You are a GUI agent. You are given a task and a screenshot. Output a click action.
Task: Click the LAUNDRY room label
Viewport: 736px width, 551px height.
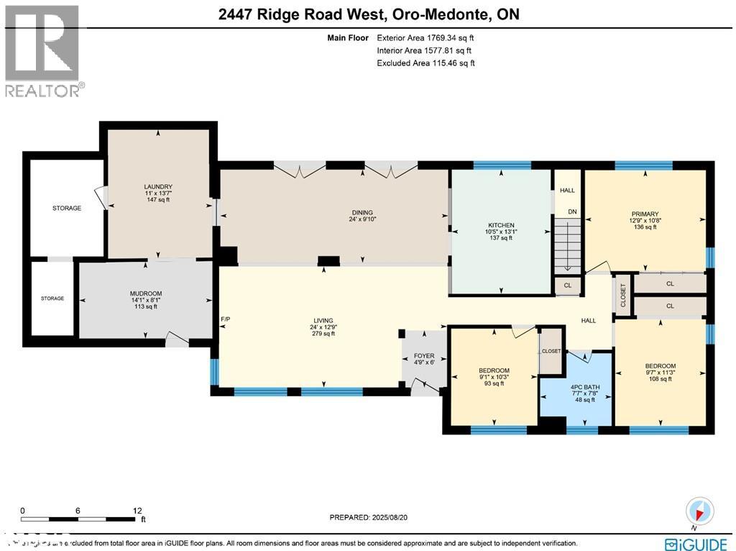(158, 187)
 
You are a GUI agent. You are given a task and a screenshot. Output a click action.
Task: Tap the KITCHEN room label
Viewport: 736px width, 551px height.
(500, 225)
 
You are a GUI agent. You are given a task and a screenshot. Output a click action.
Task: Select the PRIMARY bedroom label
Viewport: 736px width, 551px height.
(645, 214)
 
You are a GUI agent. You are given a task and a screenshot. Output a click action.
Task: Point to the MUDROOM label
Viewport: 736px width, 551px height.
(145, 293)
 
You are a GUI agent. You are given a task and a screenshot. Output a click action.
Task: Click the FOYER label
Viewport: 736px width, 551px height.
(423, 355)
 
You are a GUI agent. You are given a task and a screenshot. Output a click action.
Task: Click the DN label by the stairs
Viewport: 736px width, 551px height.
(572, 212)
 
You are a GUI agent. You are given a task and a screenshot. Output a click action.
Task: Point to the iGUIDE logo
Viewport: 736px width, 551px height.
(698, 543)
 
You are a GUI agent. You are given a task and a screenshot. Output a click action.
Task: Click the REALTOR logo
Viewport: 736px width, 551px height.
(43, 50)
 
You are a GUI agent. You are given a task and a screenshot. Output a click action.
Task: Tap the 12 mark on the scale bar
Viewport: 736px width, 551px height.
(137, 511)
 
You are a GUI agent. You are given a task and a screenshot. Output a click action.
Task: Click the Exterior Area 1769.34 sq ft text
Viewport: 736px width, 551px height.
(425, 37)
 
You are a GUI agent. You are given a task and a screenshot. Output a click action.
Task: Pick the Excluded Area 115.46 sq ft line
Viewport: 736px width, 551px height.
(425, 63)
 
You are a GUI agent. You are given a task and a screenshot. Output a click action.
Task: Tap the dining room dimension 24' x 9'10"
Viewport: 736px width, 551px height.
(362, 219)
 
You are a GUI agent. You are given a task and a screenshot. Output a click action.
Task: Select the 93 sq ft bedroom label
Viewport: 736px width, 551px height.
(493, 383)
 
